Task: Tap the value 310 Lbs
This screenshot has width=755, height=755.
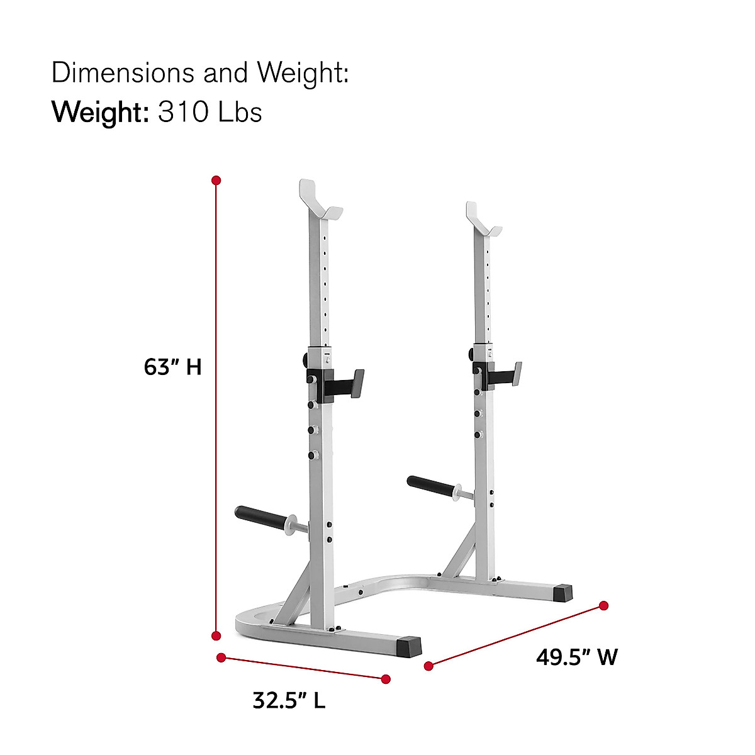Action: (210, 113)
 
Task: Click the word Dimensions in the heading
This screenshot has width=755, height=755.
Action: (123, 73)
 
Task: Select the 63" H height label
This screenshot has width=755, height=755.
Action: (172, 367)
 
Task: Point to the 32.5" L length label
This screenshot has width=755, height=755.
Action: (289, 700)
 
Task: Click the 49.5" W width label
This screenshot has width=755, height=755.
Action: (576, 657)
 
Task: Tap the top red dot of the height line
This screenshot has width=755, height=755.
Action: (216, 181)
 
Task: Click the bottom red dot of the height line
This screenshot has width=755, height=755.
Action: (216, 635)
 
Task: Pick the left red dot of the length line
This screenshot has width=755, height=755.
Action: (221, 657)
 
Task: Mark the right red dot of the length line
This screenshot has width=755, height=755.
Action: (386, 679)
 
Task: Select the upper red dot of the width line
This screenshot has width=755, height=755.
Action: (603, 605)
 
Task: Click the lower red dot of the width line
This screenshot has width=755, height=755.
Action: (428, 666)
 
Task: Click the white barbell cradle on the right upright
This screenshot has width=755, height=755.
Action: (483, 221)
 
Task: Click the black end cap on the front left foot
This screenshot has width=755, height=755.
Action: (409, 646)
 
